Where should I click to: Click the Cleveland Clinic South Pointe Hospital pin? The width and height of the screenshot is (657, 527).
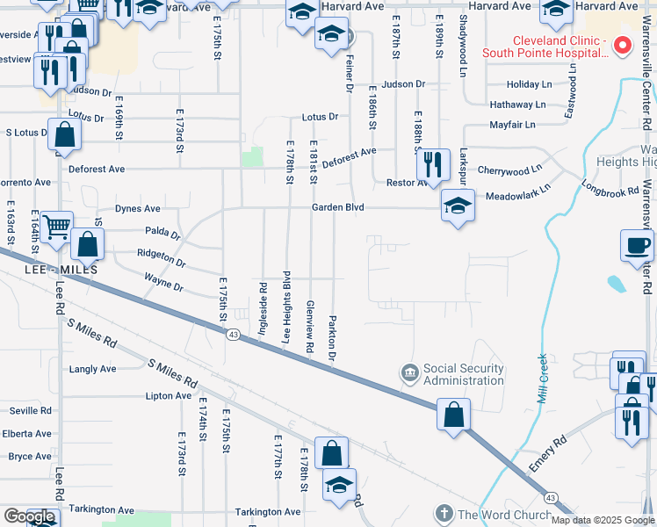[x=623, y=45]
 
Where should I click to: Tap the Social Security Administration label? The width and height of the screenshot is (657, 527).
[x=464, y=374]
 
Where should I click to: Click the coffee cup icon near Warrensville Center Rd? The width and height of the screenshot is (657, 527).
[x=636, y=245]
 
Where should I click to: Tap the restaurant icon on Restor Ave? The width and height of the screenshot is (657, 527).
[x=431, y=163]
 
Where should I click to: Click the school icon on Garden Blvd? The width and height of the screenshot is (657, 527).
[x=458, y=206]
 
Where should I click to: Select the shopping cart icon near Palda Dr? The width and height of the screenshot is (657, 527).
[x=56, y=227]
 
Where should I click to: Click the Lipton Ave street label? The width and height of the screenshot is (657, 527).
[x=169, y=396]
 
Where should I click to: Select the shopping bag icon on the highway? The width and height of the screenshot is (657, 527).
[x=452, y=414]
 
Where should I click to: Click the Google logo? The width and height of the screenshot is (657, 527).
[x=28, y=516]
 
